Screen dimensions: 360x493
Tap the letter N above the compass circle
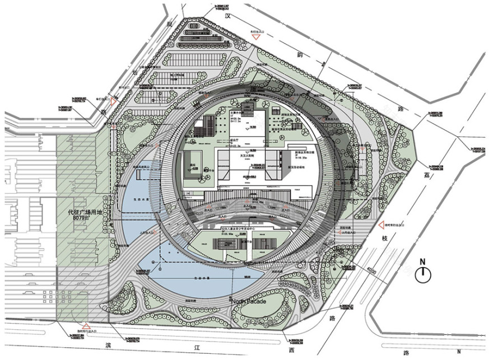424,261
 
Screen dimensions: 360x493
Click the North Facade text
253,301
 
